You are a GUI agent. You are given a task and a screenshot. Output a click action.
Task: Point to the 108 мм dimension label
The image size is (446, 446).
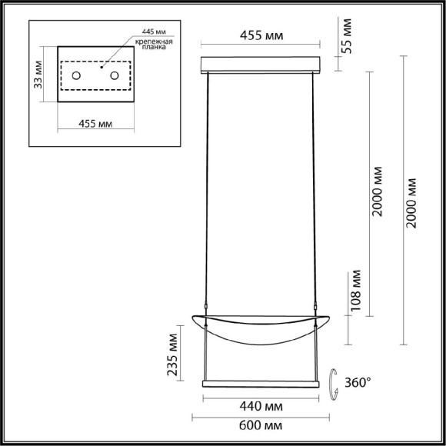tap(355, 286)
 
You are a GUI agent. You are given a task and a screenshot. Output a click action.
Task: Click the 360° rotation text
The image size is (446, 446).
tap(357, 381)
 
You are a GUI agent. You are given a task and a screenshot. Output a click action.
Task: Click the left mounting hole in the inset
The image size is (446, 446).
tap(78, 76)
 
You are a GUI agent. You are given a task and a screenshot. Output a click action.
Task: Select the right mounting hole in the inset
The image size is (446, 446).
tap(115, 76)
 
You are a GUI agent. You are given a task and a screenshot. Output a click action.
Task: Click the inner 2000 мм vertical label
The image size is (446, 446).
tap(376, 194)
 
